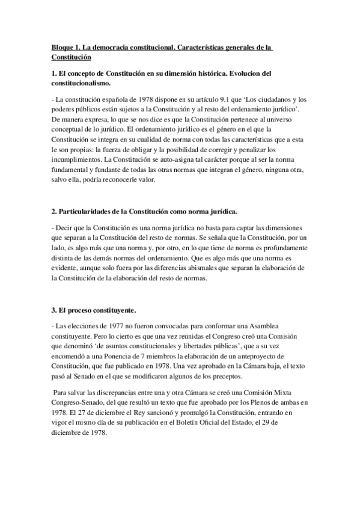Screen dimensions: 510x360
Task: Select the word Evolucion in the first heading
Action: coord(225,73)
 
